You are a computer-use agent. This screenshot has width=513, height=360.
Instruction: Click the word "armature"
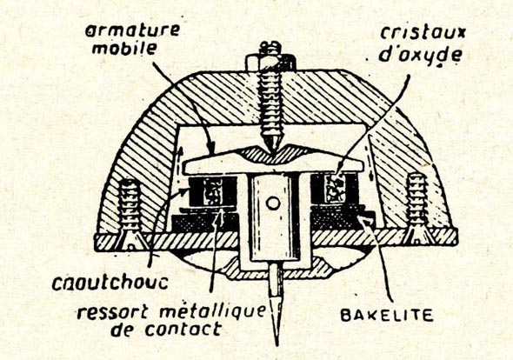tap(132, 30)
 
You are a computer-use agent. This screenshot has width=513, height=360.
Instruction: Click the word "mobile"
tap(124, 49)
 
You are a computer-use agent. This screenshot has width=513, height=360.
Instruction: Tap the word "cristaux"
tap(423, 33)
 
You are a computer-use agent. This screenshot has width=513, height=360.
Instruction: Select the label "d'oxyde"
tap(420, 55)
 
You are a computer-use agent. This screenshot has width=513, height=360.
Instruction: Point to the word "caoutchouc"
tap(110, 283)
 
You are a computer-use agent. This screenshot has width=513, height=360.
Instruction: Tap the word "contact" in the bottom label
tap(183, 329)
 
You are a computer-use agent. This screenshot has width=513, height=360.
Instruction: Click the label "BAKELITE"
tap(387, 315)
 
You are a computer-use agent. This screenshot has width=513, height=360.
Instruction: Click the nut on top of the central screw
tap(271, 61)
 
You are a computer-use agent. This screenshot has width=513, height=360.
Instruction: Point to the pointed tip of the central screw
tap(272, 151)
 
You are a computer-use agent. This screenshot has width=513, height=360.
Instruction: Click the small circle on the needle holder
tap(273, 203)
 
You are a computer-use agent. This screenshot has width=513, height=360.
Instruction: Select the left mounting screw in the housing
tap(130, 213)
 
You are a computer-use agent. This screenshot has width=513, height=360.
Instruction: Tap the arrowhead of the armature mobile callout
tap(211, 148)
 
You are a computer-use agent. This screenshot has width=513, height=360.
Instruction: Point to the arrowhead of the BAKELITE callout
tap(363, 220)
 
